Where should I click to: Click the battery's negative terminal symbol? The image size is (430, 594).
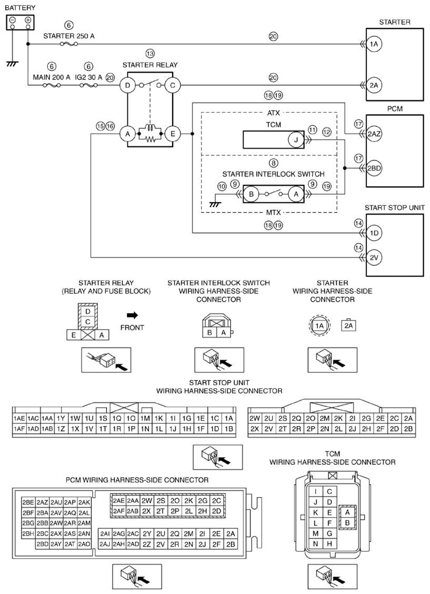pyautogui.click(x=13, y=20)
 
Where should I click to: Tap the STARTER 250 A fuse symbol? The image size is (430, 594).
pyautogui.click(x=69, y=44)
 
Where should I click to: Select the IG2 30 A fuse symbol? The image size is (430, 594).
pyautogui.click(x=88, y=85)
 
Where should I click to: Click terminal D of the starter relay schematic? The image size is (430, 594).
pyautogui.click(x=127, y=85)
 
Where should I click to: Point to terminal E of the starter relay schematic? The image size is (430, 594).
pyautogui.click(x=173, y=134)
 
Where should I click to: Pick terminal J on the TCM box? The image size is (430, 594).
pyautogui.click(x=296, y=140)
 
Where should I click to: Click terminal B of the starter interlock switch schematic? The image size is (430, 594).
pyautogui.click(x=251, y=194)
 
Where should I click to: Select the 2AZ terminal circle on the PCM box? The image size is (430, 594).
pyautogui.click(x=374, y=134)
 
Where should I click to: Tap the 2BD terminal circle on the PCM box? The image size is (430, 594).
pyautogui.click(x=374, y=168)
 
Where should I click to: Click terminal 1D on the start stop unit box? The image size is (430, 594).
pyautogui.click(x=374, y=233)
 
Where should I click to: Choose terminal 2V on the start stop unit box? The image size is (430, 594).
pyautogui.click(x=374, y=258)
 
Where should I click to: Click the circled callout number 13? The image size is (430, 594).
pyautogui.click(x=151, y=54)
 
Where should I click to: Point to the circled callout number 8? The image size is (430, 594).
pyautogui.click(x=273, y=163)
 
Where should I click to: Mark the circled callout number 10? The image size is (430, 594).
pyautogui.click(x=222, y=186)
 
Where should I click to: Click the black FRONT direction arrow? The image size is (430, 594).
pyautogui.click(x=133, y=315)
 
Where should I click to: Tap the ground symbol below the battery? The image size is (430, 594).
pyautogui.click(x=13, y=63)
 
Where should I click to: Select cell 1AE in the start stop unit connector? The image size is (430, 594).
pyautogui.click(x=19, y=418)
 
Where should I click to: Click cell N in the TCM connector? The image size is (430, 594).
pyautogui.click(x=316, y=543)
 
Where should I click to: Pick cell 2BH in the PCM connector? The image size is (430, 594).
pyautogui.click(x=28, y=533)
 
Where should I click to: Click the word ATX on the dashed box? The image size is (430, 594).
pyautogui.click(x=273, y=113)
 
